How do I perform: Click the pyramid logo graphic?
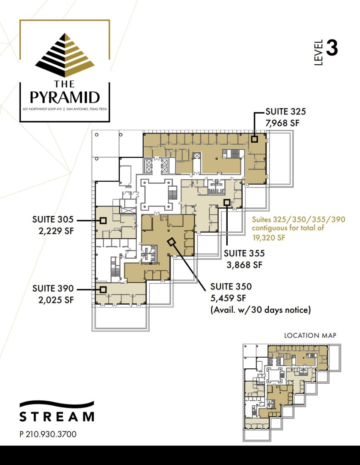(x=65, y=55)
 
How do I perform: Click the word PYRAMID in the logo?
(x=65, y=97)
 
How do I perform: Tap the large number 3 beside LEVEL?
(x=332, y=49)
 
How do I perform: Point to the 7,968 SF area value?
(x=282, y=123)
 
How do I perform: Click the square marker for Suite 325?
(x=254, y=139)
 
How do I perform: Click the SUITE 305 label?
(x=53, y=219)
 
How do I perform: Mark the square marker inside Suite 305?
(x=103, y=221)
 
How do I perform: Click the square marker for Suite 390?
(x=103, y=290)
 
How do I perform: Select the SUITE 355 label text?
(x=244, y=253)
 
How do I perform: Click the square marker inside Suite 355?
(x=227, y=202)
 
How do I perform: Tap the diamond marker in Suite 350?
(x=171, y=242)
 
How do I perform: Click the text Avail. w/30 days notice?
(x=260, y=309)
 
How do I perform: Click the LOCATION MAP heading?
(x=310, y=335)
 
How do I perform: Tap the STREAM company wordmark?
(x=57, y=416)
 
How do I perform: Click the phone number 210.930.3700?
(x=51, y=434)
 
